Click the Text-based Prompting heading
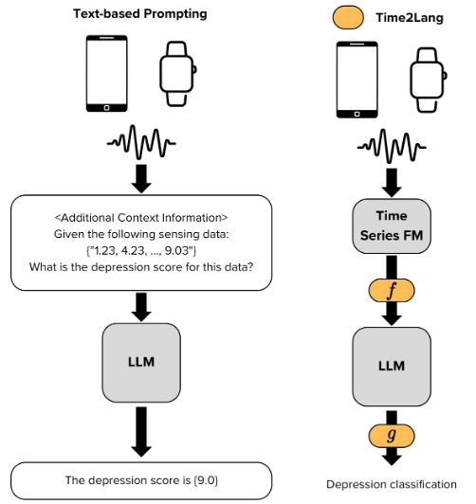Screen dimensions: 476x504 [140, 14]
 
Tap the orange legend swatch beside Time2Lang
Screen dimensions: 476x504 [348, 17]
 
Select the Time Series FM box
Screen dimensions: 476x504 [392, 226]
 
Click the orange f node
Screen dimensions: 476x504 [392, 290]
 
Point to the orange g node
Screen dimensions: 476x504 [392, 436]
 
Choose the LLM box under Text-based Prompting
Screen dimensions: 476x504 [141, 363]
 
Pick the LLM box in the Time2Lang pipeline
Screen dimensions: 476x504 [392, 367]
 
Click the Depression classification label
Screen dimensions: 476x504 [392, 484]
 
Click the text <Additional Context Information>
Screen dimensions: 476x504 [141, 218]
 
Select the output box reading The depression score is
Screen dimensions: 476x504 [141, 480]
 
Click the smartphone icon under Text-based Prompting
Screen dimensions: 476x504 [107, 74]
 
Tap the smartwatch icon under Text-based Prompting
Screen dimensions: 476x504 [178, 74]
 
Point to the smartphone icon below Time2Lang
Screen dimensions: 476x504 [357, 80]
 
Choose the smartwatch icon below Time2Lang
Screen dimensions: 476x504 [428, 80]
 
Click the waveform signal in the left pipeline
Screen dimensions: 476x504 [141, 142]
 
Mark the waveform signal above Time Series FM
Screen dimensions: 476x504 [392, 146]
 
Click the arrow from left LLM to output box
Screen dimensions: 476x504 [141, 432]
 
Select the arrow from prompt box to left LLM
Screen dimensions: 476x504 [141, 307]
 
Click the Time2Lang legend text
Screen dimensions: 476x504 [410, 18]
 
